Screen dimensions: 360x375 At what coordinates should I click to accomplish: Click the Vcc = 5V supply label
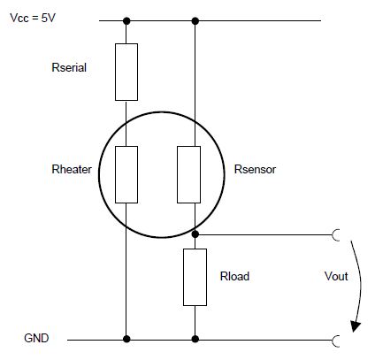tap(33, 17)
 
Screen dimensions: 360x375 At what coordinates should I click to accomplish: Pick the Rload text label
tap(234, 276)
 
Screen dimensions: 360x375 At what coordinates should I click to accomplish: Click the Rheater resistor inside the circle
tap(126, 174)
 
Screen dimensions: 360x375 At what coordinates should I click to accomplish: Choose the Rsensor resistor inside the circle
tap(193, 174)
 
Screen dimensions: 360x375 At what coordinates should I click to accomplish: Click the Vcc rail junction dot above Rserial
tap(126, 21)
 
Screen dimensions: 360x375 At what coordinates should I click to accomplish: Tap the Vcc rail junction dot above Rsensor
tap(193, 21)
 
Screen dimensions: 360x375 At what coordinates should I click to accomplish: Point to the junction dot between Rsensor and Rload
tap(193, 235)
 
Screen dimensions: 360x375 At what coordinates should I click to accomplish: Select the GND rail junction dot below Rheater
tap(126, 339)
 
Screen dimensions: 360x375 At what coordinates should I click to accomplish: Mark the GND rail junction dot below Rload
tap(193, 339)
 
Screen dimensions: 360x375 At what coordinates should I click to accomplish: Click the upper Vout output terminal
tap(336, 235)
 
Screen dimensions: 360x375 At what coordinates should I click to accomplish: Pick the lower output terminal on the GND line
tap(336, 339)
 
